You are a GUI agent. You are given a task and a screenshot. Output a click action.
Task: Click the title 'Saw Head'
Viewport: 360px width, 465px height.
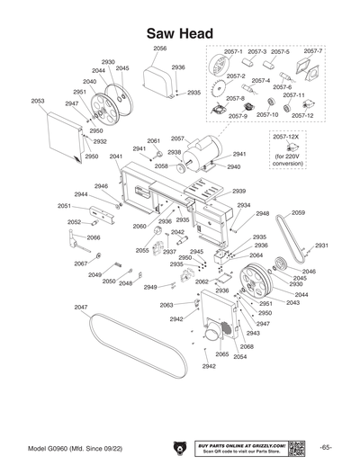pyautogui.click(x=179, y=33)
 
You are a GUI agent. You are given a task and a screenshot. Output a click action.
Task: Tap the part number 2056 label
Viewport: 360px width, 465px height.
pyautogui.click(x=159, y=49)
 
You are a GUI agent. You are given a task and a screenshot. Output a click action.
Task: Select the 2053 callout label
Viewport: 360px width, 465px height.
pyautogui.click(x=38, y=102)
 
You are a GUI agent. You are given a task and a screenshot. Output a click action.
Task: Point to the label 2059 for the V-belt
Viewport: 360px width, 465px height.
pyautogui.click(x=297, y=212)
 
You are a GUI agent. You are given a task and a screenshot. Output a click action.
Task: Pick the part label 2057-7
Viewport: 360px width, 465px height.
pyautogui.click(x=312, y=51)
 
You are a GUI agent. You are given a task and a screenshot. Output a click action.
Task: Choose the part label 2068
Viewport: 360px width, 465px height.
pyautogui.click(x=247, y=346)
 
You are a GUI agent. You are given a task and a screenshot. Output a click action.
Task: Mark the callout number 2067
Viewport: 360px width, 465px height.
pyautogui.click(x=80, y=264)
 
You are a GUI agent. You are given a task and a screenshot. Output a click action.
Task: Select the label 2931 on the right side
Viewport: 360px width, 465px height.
pyautogui.click(x=320, y=245)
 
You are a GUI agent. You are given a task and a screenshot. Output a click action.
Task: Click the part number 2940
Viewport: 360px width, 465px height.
pyautogui.click(x=233, y=167)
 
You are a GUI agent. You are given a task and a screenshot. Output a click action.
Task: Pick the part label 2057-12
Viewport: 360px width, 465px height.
pyautogui.click(x=302, y=115)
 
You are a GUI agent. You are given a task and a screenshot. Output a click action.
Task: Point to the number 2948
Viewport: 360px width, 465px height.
pyautogui.click(x=262, y=214)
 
